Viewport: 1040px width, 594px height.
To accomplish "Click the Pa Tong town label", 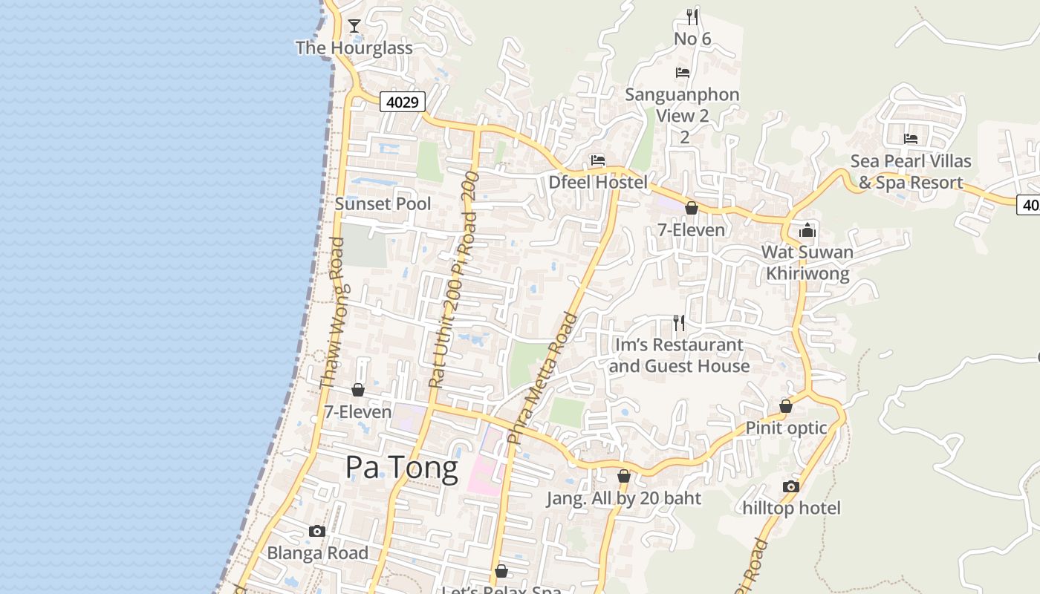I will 401,468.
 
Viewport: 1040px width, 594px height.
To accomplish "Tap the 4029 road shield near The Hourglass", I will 403,102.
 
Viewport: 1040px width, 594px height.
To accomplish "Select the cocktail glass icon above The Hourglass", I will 354,27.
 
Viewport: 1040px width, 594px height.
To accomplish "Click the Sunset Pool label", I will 383,203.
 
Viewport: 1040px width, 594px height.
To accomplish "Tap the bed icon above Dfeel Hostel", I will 597,160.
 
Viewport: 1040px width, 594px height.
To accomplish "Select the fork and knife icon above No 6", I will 692,16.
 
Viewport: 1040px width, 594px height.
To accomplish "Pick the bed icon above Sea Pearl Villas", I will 911,139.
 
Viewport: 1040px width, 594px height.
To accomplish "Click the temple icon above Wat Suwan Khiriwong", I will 807,230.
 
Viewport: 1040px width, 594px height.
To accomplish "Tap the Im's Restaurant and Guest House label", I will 679,356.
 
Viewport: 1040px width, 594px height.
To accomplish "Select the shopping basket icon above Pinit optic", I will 786,406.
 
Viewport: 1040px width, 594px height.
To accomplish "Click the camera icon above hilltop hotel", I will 791,487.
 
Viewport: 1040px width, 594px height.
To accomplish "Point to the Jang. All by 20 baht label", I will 624,498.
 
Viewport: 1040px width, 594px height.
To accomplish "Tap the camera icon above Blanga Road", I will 317,532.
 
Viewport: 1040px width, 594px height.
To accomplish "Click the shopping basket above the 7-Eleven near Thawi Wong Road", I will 358,390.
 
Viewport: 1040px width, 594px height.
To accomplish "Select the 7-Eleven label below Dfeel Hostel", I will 691,230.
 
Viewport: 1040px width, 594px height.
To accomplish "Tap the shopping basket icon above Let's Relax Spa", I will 501,571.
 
